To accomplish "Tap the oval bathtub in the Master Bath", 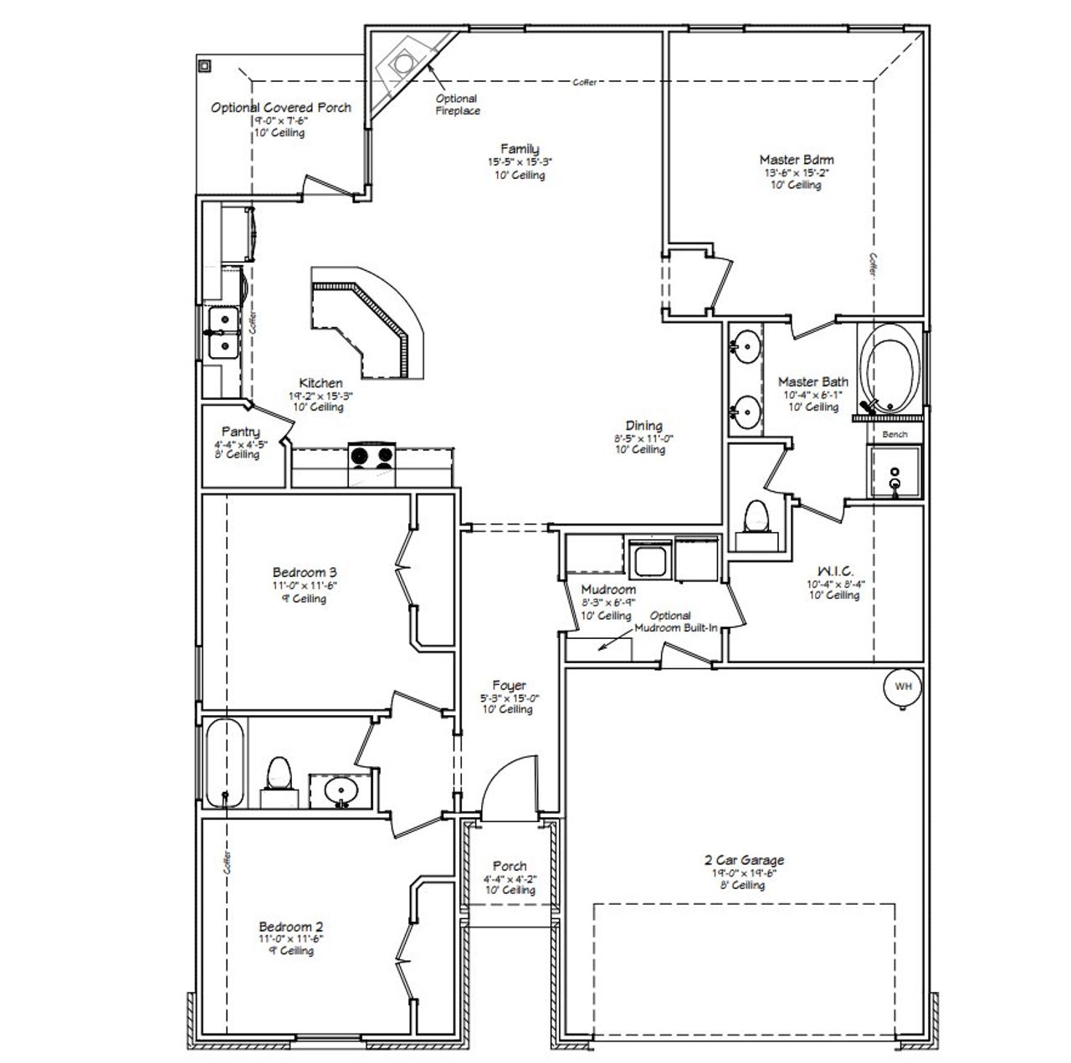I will click(x=893, y=368).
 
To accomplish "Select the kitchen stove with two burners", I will click(x=372, y=456).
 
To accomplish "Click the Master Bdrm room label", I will click(x=796, y=159).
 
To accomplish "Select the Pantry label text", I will click(x=240, y=432).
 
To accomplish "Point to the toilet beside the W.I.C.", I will click(x=756, y=518).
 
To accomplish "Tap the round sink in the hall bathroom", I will click(x=340, y=789).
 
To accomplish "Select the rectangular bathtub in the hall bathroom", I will click(x=225, y=762).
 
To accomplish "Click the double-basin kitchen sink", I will click(x=223, y=332).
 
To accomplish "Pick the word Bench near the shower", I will click(x=894, y=434).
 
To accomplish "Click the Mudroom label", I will click(x=608, y=589).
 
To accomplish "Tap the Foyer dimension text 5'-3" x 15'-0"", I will click(x=509, y=698).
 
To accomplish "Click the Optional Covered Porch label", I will click(x=280, y=108).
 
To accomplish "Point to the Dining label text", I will click(x=643, y=425).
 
